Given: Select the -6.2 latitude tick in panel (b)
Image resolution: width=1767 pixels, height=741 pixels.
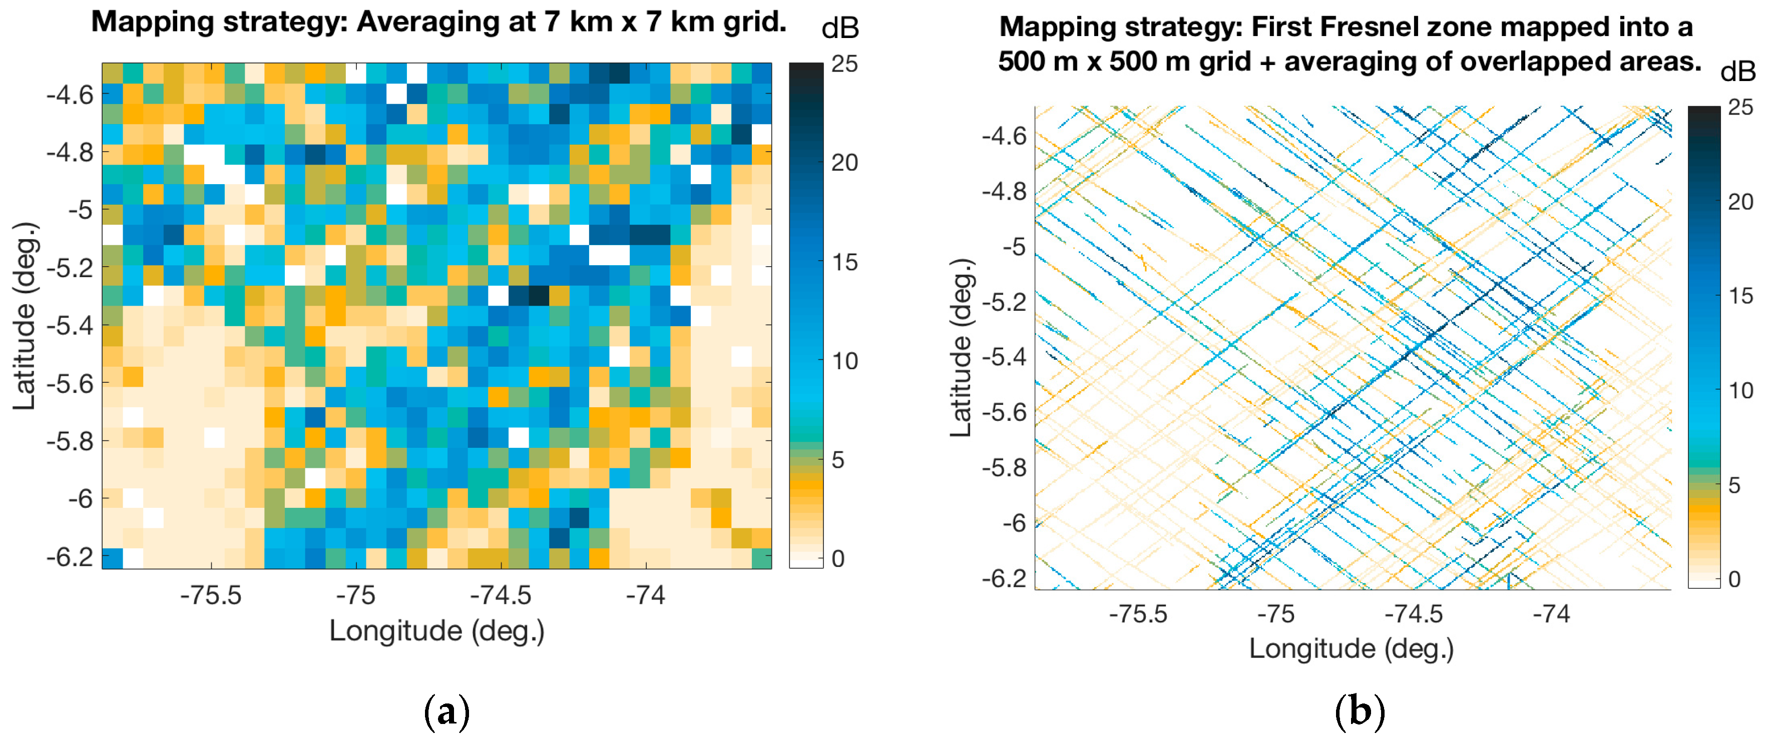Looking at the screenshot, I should click(1004, 578).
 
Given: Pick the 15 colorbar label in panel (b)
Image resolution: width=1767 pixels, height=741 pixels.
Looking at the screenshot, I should click(1740, 296).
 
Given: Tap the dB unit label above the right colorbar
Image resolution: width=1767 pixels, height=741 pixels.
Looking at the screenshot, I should click(1737, 71).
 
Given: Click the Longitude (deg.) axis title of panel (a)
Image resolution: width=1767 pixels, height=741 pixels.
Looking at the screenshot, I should click(437, 630).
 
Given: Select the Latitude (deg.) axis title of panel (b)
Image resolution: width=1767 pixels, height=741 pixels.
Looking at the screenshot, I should click(961, 348).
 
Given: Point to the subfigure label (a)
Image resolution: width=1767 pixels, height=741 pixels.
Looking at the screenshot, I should click(447, 711).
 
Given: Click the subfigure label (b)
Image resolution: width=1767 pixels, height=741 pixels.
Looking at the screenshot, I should click(1360, 711).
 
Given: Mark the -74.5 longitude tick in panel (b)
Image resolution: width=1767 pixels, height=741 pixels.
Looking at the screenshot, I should click(1414, 613).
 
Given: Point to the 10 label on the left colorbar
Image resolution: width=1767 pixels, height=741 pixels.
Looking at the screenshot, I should click(844, 361).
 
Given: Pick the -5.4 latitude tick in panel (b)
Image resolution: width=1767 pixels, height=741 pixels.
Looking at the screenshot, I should click(1004, 357).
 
